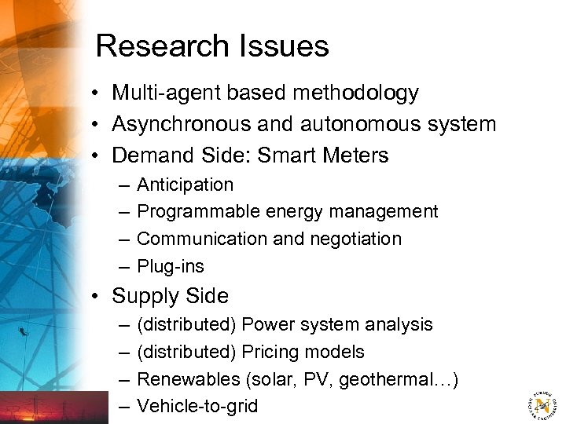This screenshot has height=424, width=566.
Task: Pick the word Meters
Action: click(x=354, y=155)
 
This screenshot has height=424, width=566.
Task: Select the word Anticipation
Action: click(x=185, y=185)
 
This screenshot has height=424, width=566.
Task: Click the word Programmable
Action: click(x=199, y=212)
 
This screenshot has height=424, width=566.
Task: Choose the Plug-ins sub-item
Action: click(x=171, y=266)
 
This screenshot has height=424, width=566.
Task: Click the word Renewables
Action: click(x=189, y=379)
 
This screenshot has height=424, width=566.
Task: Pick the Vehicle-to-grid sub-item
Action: click(x=197, y=406)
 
